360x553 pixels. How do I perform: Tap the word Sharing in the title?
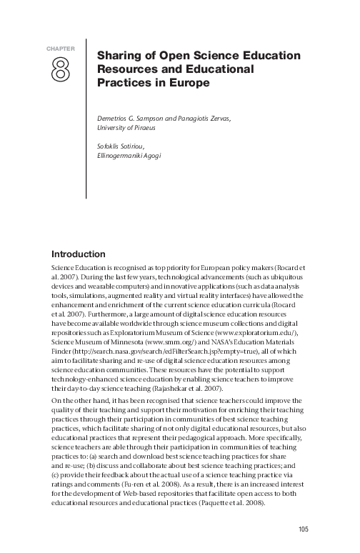[x=117, y=56]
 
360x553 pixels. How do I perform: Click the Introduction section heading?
[x=79, y=254]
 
